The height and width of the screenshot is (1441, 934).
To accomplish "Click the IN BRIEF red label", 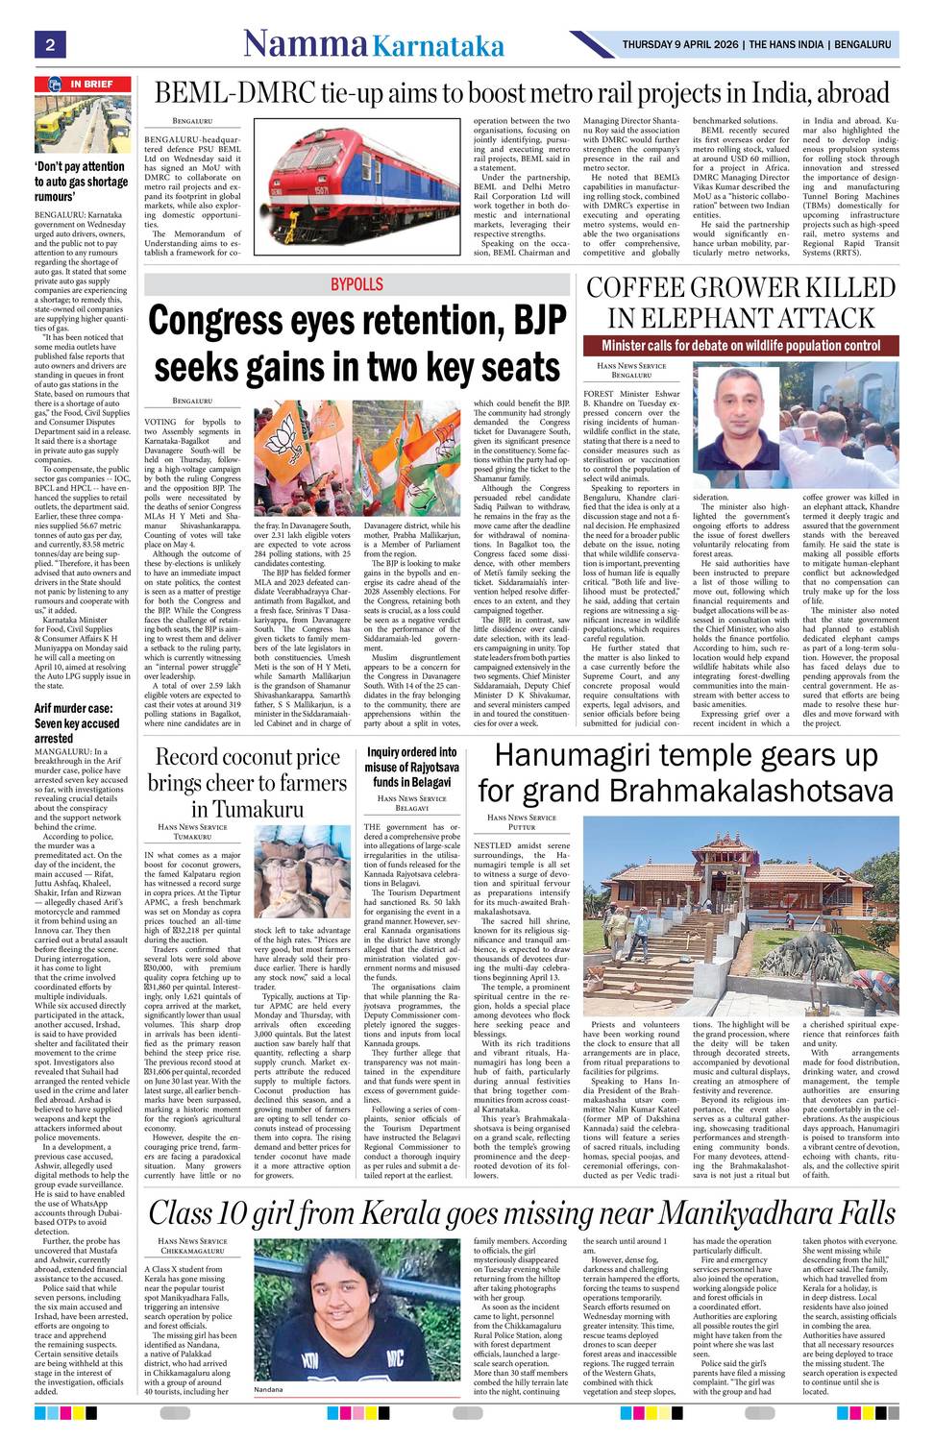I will [91, 85].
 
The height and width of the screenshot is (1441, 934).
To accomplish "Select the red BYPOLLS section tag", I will [356, 285].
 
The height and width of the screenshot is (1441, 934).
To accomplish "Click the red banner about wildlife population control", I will [741, 346].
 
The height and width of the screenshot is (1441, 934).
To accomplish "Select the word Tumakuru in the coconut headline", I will [248, 809].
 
